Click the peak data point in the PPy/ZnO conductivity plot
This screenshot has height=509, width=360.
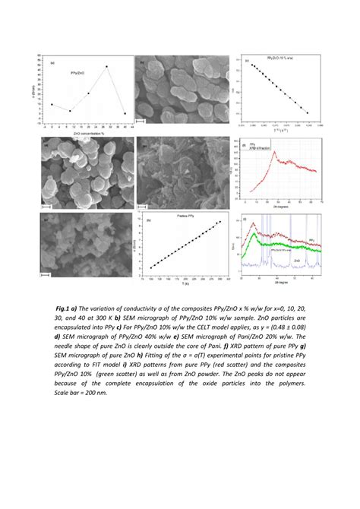click(106, 67)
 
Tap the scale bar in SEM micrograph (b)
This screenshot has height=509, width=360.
click(140, 119)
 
